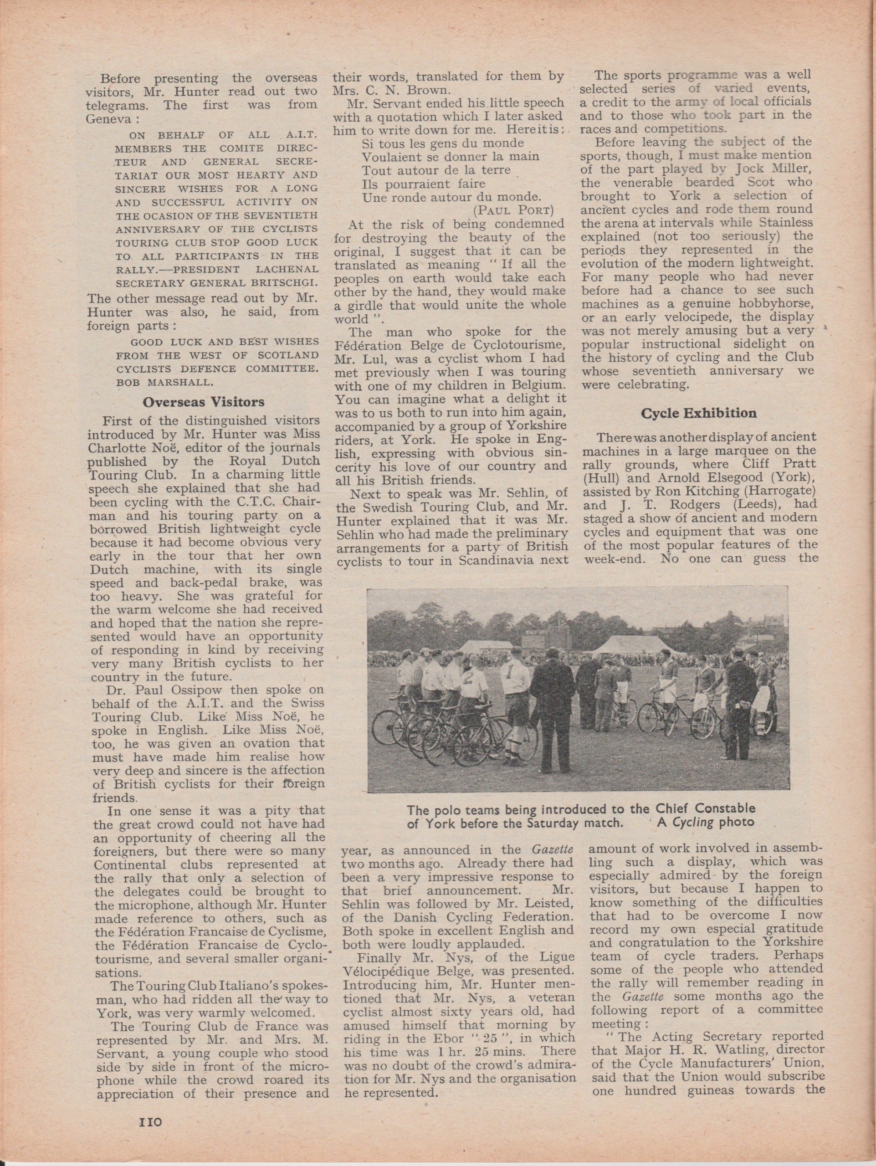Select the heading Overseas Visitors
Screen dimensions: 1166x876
[x=204, y=402]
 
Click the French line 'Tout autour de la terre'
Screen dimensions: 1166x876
[x=436, y=170]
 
